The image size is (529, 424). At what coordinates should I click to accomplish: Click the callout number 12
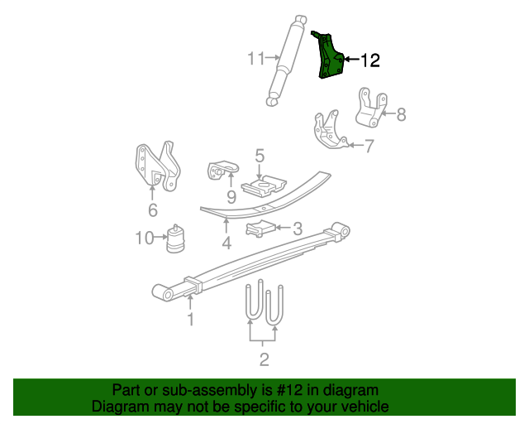(x=369, y=60)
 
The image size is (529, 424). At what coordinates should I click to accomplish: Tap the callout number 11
(x=256, y=58)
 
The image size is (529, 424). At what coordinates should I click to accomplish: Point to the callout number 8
(x=402, y=115)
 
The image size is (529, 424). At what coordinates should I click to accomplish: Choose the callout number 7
(x=369, y=147)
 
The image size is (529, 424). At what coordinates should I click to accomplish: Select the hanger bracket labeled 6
(x=156, y=165)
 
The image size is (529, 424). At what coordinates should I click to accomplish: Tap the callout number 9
(x=231, y=197)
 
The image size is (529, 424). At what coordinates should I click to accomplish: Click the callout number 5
(x=260, y=155)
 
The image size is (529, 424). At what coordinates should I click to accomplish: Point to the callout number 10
(x=143, y=238)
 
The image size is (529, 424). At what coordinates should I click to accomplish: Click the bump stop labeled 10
(x=176, y=238)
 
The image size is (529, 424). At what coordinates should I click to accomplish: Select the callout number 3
(x=298, y=228)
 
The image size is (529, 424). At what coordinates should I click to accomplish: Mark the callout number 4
(x=226, y=243)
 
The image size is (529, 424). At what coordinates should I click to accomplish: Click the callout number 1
(x=190, y=319)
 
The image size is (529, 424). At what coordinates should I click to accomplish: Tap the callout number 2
(x=264, y=359)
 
